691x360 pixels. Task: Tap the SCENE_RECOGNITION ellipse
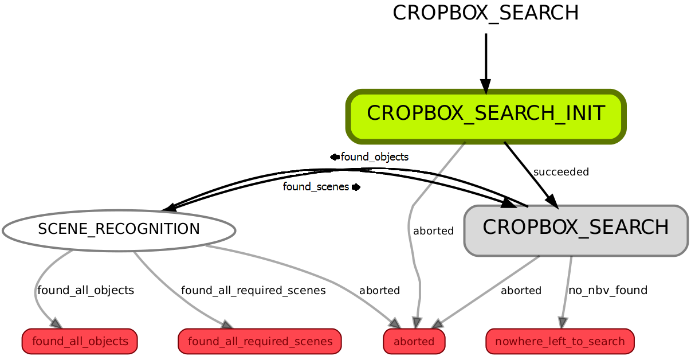[119, 230]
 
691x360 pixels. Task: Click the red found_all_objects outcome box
[80, 342]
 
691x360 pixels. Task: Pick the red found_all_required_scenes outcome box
[260, 342]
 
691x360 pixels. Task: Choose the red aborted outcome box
[414, 342]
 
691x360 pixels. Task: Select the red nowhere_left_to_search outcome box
[560, 342]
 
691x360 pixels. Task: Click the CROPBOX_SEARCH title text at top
[485, 13]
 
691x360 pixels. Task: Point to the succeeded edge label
[561, 172]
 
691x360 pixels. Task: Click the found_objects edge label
[374, 157]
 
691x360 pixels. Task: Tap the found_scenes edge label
[316, 187]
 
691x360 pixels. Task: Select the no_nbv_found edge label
[607, 290]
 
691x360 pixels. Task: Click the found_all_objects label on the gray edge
[85, 290]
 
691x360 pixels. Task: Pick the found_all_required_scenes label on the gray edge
[253, 290]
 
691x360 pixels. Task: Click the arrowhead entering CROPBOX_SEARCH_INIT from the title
[486, 87]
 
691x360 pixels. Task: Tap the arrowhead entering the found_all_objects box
[56, 324]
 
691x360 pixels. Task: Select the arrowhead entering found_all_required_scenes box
[227, 325]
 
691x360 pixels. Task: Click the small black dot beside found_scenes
[356, 187]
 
